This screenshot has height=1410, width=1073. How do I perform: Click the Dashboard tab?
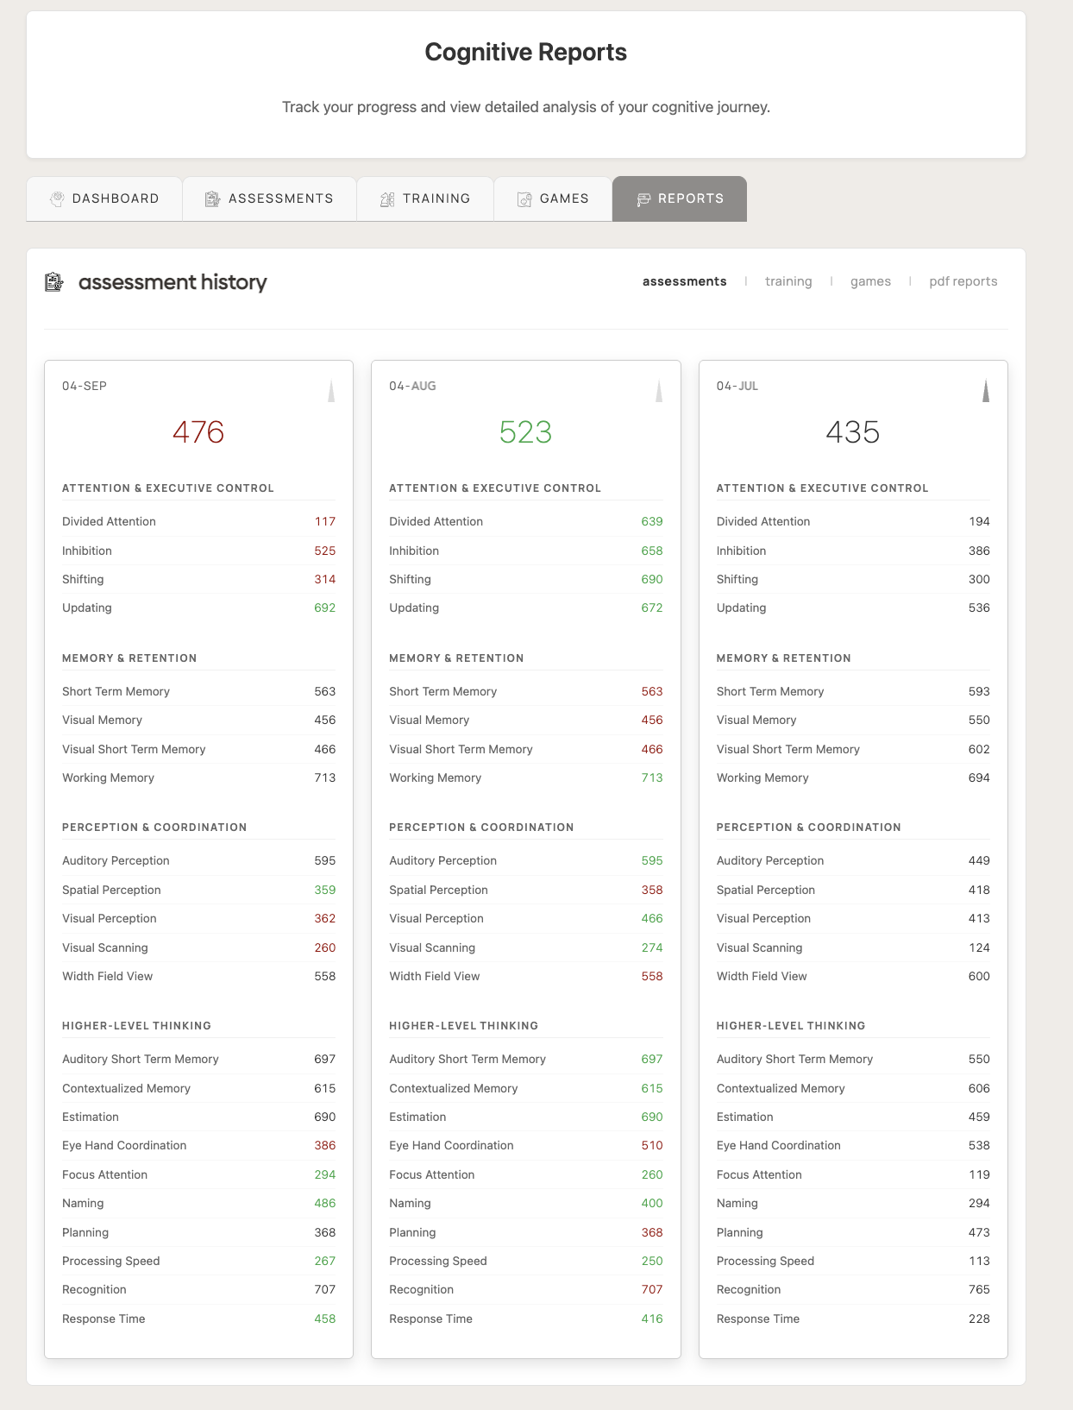click(x=104, y=198)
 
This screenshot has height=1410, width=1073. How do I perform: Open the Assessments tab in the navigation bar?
click(x=269, y=198)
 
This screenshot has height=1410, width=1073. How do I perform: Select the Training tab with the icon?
click(x=425, y=198)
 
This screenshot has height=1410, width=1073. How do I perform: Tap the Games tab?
click(x=553, y=198)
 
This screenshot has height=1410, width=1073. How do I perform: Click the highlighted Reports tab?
click(x=680, y=198)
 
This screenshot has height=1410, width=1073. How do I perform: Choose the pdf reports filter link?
click(x=963, y=281)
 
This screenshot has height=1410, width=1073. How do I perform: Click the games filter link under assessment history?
click(x=870, y=281)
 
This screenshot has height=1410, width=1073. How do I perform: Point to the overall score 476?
click(x=198, y=431)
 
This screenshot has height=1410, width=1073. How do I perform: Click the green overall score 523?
click(x=525, y=431)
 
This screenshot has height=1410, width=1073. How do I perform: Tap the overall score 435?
click(x=853, y=431)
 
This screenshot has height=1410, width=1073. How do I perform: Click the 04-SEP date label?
click(x=85, y=386)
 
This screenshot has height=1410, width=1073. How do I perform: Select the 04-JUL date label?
click(x=737, y=386)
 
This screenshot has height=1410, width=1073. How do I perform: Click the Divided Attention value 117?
click(x=325, y=521)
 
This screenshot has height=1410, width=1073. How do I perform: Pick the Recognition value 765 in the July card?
click(x=979, y=1289)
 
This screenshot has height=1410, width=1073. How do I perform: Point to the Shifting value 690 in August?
click(x=652, y=579)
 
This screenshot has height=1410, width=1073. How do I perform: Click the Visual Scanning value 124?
click(x=979, y=947)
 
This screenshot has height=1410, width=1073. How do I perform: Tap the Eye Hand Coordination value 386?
click(x=325, y=1145)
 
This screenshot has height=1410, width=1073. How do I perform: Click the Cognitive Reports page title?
click(x=526, y=53)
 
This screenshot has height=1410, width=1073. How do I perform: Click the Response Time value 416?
click(x=652, y=1319)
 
